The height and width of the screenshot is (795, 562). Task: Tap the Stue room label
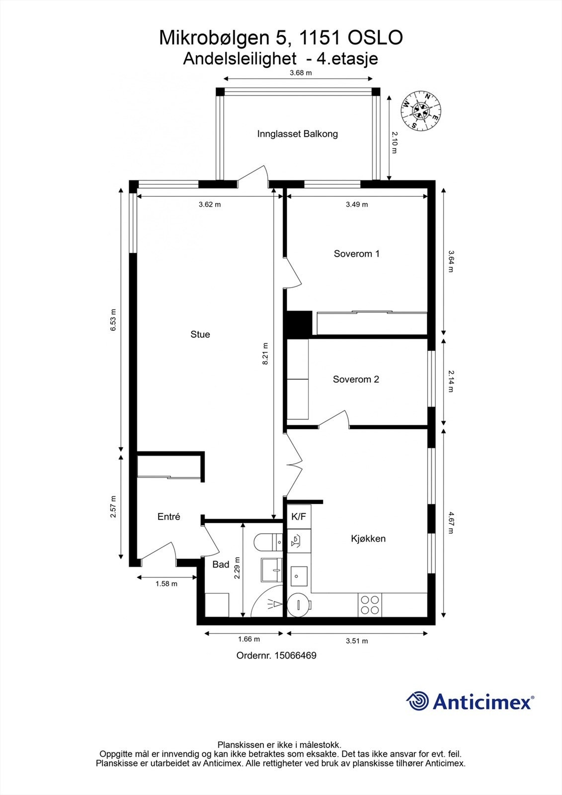[x=200, y=334]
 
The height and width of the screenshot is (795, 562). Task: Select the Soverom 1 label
[x=356, y=254]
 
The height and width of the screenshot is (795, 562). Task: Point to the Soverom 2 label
[x=356, y=380]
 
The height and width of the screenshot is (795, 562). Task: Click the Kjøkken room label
[x=368, y=539]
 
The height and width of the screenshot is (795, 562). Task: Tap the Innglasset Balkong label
[x=297, y=134]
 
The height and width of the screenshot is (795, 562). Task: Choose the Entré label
[x=168, y=517]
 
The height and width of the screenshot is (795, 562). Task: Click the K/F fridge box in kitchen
[x=299, y=517]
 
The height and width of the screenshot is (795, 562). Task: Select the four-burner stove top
[x=369, y=605]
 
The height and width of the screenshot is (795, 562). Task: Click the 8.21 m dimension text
[x=266, y=354]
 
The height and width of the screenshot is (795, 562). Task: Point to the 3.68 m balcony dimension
[x=301, y=73]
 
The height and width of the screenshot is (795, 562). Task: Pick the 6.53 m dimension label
[x=113, y=320]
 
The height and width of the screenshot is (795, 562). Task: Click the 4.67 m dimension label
[x=450, y=522]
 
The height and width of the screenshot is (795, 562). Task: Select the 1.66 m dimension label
[x=248, y=639]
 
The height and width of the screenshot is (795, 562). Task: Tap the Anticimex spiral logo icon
[x=417, y=701]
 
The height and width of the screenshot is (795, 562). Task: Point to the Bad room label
[x=221, y=564]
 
